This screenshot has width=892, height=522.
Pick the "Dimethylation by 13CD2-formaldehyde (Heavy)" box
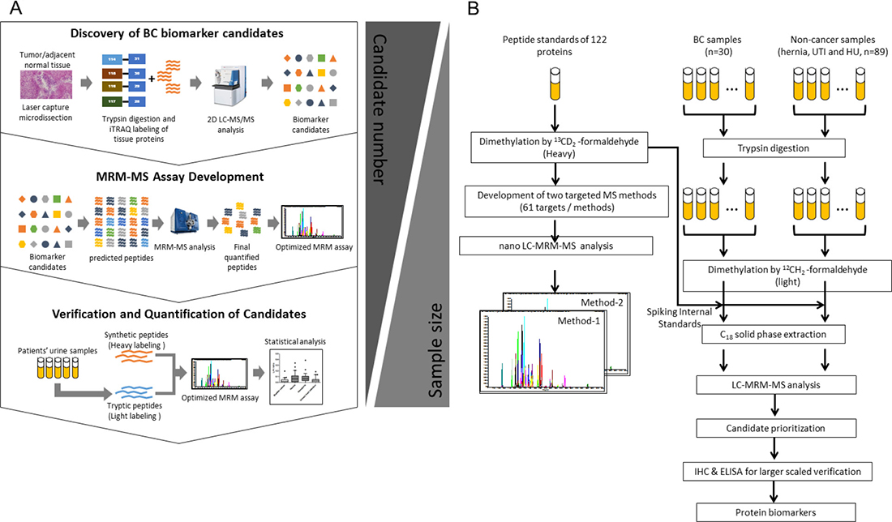tap(554, 148)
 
